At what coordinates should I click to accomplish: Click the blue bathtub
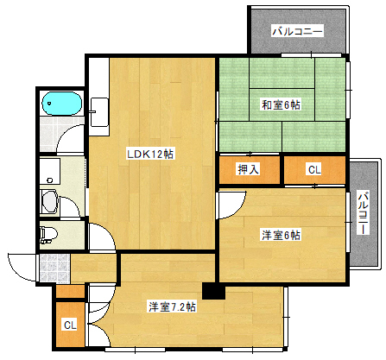tap(62, 104)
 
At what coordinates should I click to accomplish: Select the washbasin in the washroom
tap(50, 205)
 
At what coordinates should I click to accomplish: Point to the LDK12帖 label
tap(150, 154)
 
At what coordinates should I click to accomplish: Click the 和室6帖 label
tap(281, 106)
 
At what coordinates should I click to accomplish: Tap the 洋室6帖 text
tap(281, 235)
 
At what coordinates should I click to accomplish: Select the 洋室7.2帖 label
tap(171, 306)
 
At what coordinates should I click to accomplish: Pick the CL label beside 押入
tap(314, 170)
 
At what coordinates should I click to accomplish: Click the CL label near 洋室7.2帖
tap(69, 325)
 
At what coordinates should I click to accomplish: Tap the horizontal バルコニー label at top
tap(297, 32)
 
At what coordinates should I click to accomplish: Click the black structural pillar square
tap(212, 291)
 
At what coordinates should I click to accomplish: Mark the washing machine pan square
tap(49, 170)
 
